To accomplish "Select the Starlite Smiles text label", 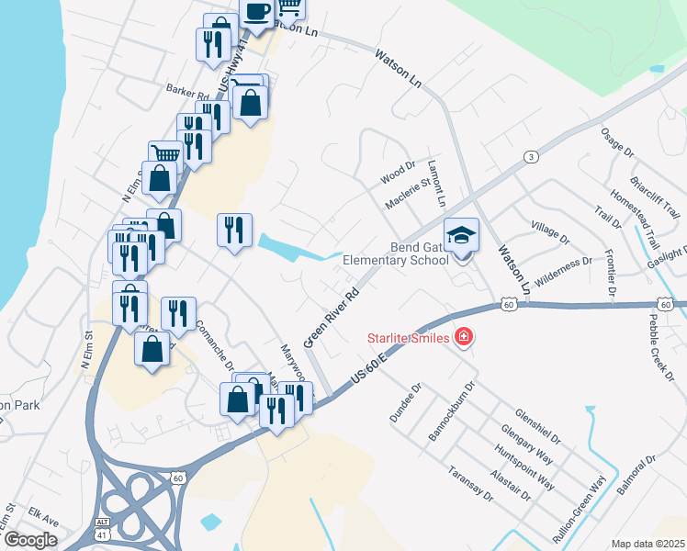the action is click(410, 339).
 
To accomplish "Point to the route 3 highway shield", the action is click(531, 157).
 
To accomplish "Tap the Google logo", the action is click(30, 540).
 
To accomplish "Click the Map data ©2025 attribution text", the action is click(648, 544).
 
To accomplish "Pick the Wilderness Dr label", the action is click(563, 267).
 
